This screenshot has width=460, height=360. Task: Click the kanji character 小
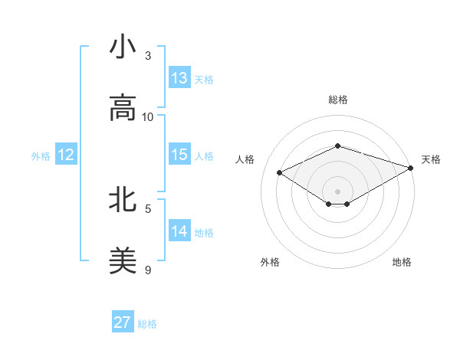pyautogui.click(x=123, y=47)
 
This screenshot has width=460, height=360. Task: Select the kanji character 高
pyautogui.click(x=123, y=108)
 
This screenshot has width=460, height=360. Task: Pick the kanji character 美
pyautogui.click(x=123, y=260)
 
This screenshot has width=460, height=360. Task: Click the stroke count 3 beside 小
pyautogui.click(x=148, y=56)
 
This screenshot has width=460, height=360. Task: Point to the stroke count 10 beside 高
pyautogui.click(x=148, y=116)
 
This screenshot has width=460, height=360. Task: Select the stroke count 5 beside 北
pyautogui.click(x=148, y=208)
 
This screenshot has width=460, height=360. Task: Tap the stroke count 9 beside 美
pyautogui.click(x=148, y=269)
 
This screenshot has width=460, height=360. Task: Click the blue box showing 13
pyautogui.click(x=179, y=78)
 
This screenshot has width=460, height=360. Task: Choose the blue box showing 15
pyautogui.click(x=179, y=155)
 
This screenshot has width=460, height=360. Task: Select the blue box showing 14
pyautogui.click(x=179, y=231)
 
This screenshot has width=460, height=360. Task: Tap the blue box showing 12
pyautogui.click(x=66, y=155)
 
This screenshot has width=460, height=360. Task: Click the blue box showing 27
pyautogui.click(x=123, y=322)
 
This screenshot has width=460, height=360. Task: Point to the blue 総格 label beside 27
pyautogui.click(x=147, y=324)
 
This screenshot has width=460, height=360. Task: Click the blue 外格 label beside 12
pyautogui.click(x=41, y=156)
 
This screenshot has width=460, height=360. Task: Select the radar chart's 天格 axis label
pyautogui.click(x=431, y=159)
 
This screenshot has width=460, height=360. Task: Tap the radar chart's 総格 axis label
pyautogui.click(x=338, y=100)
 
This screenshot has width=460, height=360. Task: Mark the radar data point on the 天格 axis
pyautogui.click(x=412, y=167)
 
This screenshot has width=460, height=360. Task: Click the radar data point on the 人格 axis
pyautogui.click(x=280, y=173)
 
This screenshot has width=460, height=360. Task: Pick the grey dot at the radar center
pyautogui.click(x=337, y=191)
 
